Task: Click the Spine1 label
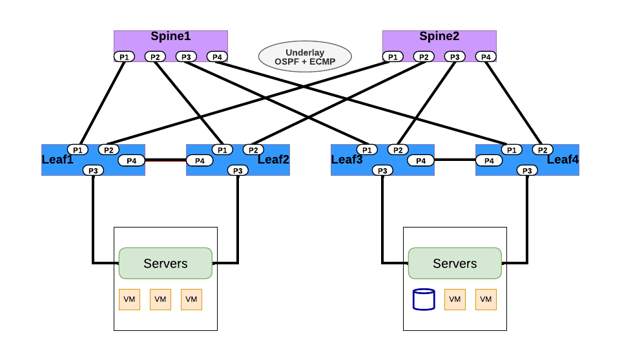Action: [x=171, y=37]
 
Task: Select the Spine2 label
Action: [x=439, y=37]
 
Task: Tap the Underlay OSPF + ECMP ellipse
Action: [x=305, y=57]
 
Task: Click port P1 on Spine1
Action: [x=124, y=57]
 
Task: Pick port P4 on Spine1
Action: [x=217, y=57]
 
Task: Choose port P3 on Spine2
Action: [x=455, y=57]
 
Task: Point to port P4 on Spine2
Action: [x=486, y=57]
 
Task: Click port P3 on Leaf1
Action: [x=93, y=171]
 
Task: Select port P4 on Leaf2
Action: [x=200, y=160]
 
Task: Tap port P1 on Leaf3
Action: [x=367, y=150]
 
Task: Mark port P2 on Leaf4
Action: [x=543, y=150]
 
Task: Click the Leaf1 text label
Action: [x=57, y=160]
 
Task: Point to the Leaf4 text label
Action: [x=563, y=160]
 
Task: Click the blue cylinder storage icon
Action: [x=424, y=299]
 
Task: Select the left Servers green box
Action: [x=165, y=263]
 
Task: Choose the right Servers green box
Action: [x=455, y=263]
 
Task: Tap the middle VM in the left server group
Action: [x=160, y=299]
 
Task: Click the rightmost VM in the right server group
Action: [x=486, y=299]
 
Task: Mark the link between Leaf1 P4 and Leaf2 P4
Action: [x=165, y=160]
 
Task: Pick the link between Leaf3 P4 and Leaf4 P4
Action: [x=455, y=160]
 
